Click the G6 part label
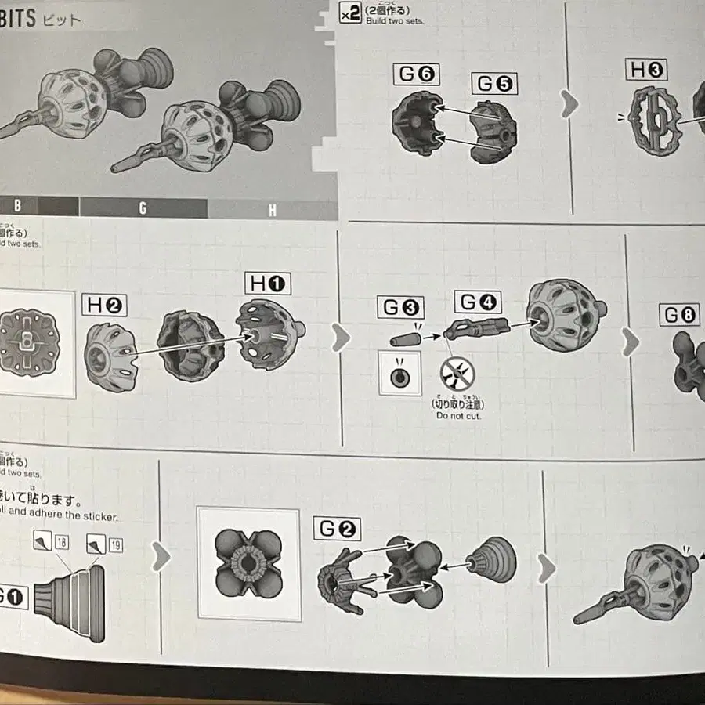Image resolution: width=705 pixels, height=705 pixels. click(x=418, y=76)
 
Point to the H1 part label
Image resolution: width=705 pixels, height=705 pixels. click(x=268, y=284)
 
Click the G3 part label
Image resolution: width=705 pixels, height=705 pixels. click(x=399, y=307)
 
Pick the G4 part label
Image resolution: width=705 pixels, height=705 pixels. click(x=476, y=302)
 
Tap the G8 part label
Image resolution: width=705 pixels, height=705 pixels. click(x=679, y=315)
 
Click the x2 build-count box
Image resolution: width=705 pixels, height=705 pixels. click(x=350, y=13)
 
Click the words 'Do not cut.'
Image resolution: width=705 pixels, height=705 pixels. click(x=458, y=415)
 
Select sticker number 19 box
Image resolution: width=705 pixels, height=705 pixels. click(x=115, y=544)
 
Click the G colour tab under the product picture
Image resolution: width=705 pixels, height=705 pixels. click(x=143, y=208)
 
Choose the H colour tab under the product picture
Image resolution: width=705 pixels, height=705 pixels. click(x=272, y=210)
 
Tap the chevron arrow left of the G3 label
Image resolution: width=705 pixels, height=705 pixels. click(x=340, y=338)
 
